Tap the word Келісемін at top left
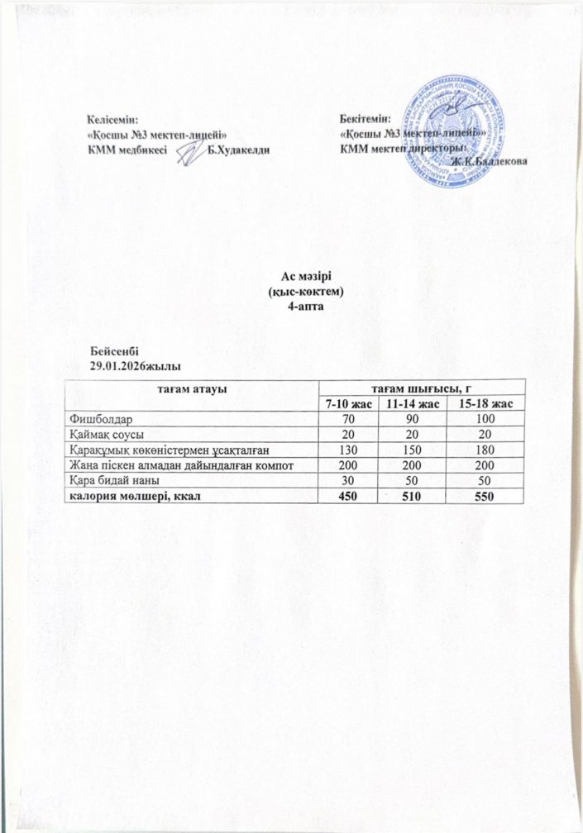click(113, 121)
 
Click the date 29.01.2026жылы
click(136, 364)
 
